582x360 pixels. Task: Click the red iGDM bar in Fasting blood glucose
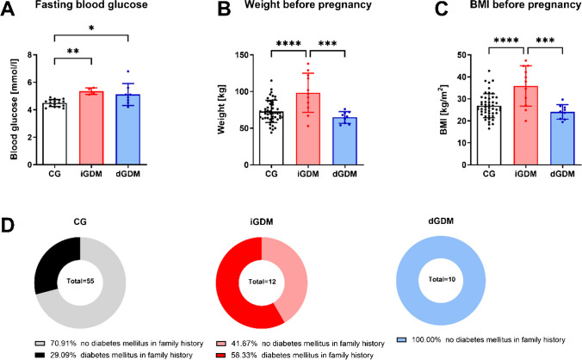click(90, 129)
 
